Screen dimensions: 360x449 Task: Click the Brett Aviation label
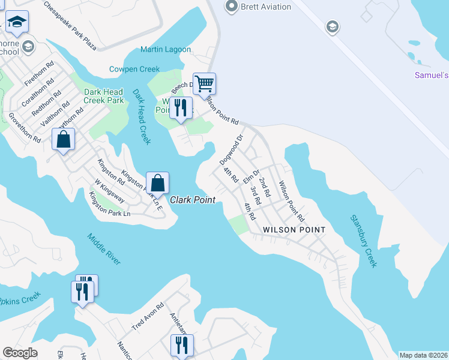(265, 7)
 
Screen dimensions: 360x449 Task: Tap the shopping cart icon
(204, 83)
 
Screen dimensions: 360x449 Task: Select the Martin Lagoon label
(166, 49)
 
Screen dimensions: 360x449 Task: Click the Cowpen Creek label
(134, 69)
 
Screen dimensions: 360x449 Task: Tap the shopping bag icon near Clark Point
(157, 182)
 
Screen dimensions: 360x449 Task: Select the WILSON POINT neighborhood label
(294, 230)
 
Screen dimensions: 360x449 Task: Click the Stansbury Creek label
(363, 240)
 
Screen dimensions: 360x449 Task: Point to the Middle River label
(103, 248)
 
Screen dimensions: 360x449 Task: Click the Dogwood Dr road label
(231, 149)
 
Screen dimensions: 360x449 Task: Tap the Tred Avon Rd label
(148, 317)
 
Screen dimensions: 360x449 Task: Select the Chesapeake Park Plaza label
(70, 25)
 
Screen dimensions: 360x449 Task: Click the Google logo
(20, 353)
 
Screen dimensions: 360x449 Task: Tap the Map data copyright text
(424, 355)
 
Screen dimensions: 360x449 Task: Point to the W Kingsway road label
(109, 190)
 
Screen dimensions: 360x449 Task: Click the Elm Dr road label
(251, 177)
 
